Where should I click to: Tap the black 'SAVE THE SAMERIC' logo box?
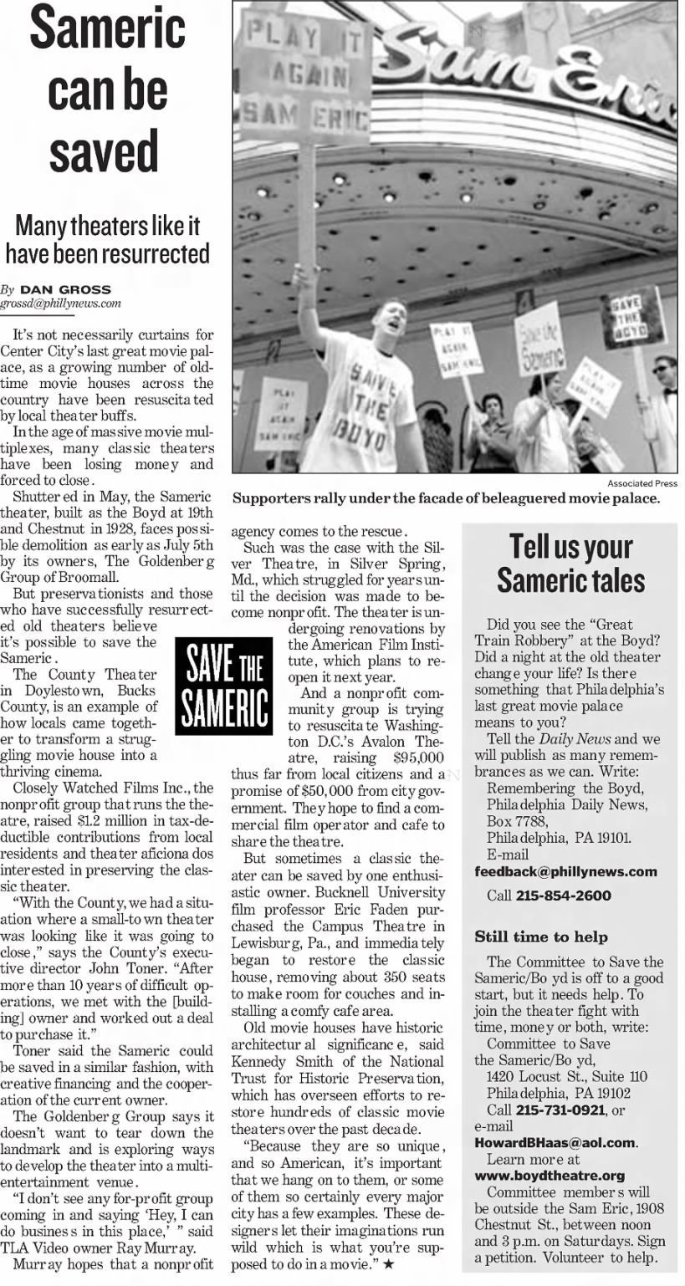(x=223, y=685)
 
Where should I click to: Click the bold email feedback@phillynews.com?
(x=565, y=871)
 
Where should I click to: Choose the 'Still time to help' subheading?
(x=541, y=936)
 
